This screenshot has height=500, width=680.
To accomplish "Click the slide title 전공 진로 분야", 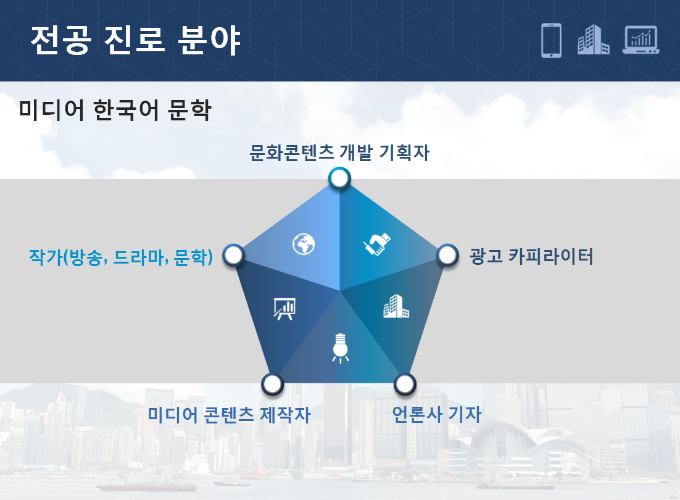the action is (135, 40).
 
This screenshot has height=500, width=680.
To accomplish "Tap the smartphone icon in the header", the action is (551, 40).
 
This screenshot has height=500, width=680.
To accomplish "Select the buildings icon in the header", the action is (593, 40).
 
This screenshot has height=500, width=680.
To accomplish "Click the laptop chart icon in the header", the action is (641, 40).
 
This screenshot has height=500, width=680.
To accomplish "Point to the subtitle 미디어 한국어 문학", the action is (115, 110).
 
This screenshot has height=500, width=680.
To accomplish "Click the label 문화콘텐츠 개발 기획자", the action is (339, 152).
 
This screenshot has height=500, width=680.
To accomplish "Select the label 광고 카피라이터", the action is (531, 256).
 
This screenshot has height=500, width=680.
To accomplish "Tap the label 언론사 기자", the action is (437, 414).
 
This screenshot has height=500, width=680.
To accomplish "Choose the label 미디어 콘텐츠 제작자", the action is (230, 414).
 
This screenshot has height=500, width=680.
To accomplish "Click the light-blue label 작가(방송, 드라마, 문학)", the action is (121, 257).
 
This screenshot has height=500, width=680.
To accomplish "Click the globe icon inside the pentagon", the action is (304, 244).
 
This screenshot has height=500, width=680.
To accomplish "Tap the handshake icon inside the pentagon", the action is (377, 244).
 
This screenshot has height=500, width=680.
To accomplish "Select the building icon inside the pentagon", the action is (396, 306).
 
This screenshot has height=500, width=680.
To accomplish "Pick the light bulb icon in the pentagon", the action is (341, 348).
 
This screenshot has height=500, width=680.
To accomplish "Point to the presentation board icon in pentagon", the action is (284, 309).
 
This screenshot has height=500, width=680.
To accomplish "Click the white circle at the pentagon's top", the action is (339, 178).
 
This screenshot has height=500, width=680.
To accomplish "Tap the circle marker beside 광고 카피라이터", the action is (447, 255).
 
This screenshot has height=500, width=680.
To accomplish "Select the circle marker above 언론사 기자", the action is (405, 384).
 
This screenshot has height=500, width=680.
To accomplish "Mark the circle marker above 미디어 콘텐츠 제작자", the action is (272, 384).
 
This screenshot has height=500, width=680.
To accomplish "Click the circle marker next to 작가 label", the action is (234, 255).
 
